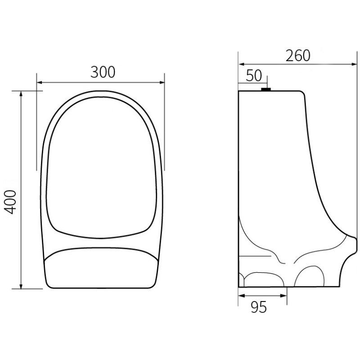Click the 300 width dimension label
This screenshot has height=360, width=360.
pyautogui.click(x=103, y=72)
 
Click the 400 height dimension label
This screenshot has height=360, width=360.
pyautogui.click(x=12, y=201)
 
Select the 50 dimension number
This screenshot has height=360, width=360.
pyautogui.click(x=253, y=75)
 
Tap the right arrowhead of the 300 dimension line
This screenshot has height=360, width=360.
pyautogui.click(x=162, y=82)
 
